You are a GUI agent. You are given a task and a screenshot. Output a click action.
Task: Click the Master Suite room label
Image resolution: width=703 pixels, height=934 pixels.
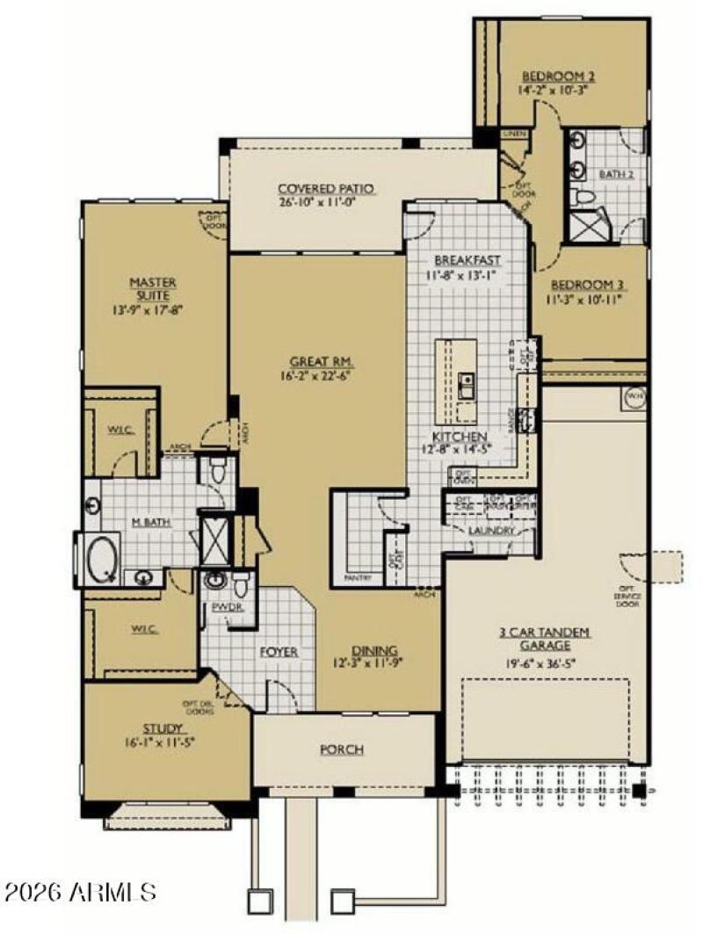(x=153, y=289)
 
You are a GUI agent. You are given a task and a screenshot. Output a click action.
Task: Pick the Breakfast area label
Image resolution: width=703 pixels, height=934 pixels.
(x=467, y=260)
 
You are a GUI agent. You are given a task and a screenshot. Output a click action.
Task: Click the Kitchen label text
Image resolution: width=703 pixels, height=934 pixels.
(x=458, y=437)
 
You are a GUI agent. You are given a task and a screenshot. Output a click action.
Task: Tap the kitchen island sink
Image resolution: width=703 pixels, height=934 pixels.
(x=466, y=385)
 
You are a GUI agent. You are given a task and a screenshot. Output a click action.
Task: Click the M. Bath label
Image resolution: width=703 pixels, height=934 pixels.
(x=151, y=523)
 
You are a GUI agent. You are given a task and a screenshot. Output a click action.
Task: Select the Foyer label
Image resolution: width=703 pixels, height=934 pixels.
(x=279, y=652)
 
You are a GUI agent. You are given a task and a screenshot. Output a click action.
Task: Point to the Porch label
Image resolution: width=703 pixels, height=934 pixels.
(x=343, y=749)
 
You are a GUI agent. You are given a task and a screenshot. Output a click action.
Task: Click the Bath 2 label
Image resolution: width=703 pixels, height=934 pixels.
(x=615, y=174)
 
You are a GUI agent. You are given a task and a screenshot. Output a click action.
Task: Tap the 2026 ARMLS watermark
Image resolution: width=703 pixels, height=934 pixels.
(x=81, y=893)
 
